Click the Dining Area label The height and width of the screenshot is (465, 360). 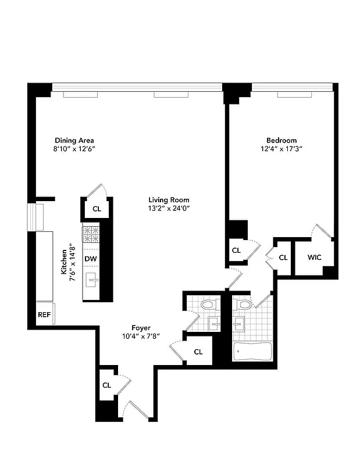[74, 140]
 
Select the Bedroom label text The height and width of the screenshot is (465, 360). [281, 140]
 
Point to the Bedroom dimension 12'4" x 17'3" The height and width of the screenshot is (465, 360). [281, 149]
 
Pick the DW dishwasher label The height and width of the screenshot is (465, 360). [90, 259]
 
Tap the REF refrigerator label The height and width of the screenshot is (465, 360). [44, 314]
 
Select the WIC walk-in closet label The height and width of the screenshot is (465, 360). [314, 257]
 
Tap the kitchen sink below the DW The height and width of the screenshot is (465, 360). [91, 281]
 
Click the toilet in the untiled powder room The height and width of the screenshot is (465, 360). [208, 305]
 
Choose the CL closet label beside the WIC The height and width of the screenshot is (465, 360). [283, 257]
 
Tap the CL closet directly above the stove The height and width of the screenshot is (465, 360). [97, 208]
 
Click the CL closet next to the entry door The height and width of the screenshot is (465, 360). [106, 385]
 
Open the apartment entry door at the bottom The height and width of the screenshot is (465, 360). [140, 410]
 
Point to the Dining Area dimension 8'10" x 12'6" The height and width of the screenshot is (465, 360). [74, 149]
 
